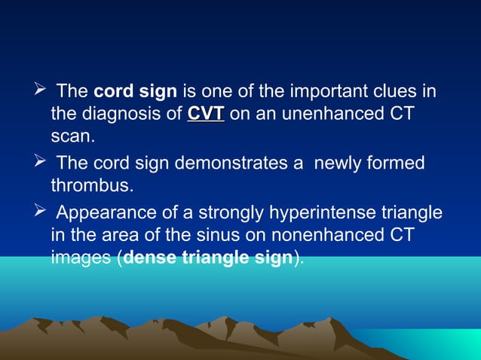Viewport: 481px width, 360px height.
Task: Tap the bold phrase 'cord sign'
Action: click(x=135, y=93)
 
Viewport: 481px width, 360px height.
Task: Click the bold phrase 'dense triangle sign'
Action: click(x=207, y=258)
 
